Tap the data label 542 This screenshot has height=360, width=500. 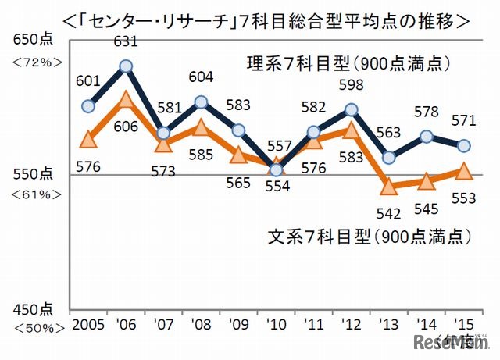click(x=389, y=212)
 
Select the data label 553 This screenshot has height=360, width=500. click(x=463, y=198)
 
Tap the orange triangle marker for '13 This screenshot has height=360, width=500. click(x=388, y=187)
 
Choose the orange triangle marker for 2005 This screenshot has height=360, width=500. click(x=88, y=139)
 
